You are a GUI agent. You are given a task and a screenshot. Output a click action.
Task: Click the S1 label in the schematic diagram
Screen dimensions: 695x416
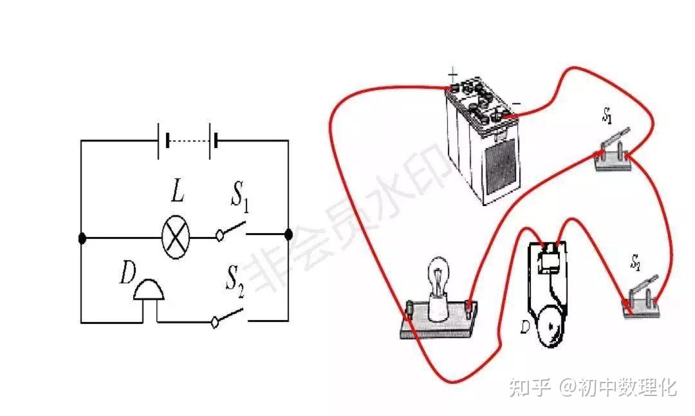[x=240, y=200]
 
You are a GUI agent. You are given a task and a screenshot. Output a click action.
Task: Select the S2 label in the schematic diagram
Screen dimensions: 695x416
[x=234, y=281]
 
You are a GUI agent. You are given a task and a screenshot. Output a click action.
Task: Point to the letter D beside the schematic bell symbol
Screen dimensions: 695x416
[x=127, y=276]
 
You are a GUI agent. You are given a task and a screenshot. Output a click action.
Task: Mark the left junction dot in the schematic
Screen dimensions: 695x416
[x=82, y=238]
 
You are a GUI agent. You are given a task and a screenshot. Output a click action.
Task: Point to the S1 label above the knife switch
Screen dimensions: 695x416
[x=607, y=117]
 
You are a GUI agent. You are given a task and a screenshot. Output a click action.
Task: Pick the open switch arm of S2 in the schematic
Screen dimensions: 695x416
[x=228, y=316]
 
